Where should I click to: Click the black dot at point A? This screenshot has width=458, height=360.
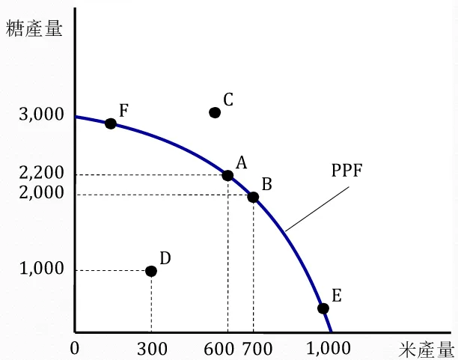228,176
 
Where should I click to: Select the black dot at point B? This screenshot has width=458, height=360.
253,198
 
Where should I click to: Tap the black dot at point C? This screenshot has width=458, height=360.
215,112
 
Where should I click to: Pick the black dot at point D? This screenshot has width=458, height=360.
151,271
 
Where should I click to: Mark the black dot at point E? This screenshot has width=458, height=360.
323,308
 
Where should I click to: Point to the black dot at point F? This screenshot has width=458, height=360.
110,123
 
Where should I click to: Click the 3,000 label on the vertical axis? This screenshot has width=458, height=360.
42,116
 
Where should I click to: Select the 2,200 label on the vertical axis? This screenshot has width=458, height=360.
42,174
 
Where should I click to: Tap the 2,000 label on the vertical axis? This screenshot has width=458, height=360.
42,193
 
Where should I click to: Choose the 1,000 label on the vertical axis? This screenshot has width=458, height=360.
42,269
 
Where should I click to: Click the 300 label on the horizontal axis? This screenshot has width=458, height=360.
152,348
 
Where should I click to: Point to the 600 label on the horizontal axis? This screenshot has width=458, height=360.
219,348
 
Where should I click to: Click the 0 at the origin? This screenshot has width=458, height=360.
74,348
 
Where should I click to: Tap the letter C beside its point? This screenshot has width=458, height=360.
229,99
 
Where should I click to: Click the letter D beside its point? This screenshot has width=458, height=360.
165,258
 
